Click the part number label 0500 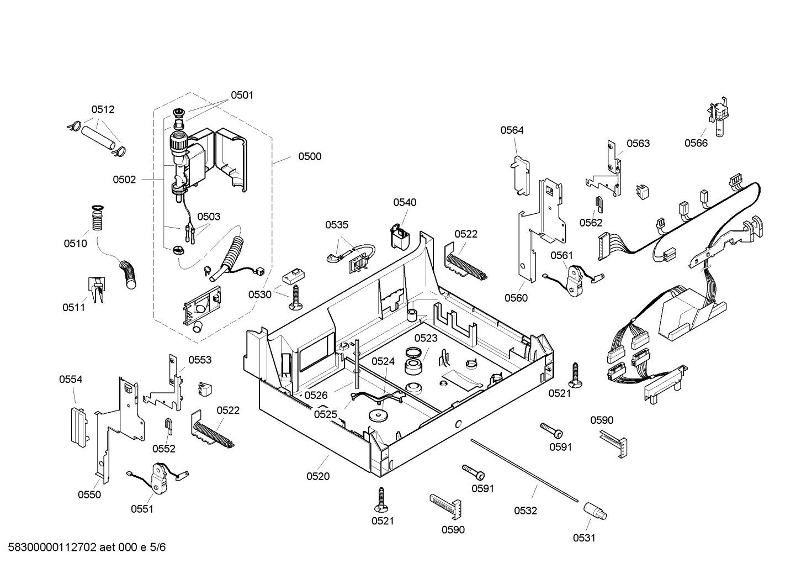pyautogui.click(x=310, y=156)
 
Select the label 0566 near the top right pyautogui.click(x=696, y=144)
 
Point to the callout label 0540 pyautogui.click(x=405, y=203)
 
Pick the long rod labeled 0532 pyautogui.click(x=524, y=470)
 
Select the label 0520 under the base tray pyautogui.click(x=318, y=476)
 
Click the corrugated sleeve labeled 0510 pyautogui.click(x=98, y=220)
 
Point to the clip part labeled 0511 pyautogui.click(x=95, y=289)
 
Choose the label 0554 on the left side pyautogui.click(x=71, y=380)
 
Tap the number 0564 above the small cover pyautogui.click(x=512, y=130)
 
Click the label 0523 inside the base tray pyautogui.click(x=426, y=338)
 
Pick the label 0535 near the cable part pyautogui.click(x=337, y=225)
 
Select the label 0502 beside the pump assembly pyautogui.click(x=124, y=180)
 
